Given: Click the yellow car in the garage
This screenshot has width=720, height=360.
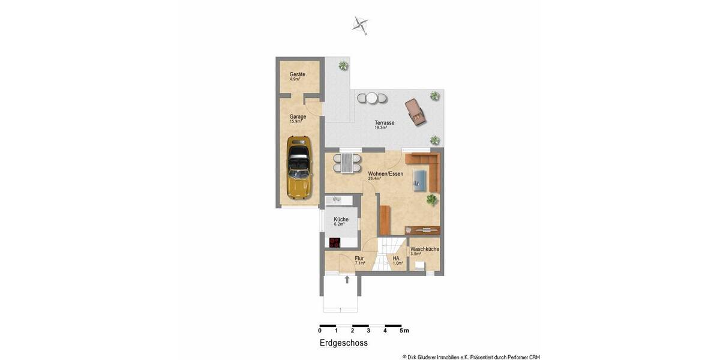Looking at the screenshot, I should click(298, 167).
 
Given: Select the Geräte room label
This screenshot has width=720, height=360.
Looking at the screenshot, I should click(298, 74).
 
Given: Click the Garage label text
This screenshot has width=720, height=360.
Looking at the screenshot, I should click(298, 117).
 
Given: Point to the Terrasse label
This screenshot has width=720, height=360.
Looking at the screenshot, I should click(385, 122).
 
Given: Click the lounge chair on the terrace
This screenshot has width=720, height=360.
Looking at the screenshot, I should click(416, 112).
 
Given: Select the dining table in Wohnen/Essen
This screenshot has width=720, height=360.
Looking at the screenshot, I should click(347, 162).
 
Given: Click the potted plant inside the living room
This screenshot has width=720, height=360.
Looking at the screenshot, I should click(432, 200).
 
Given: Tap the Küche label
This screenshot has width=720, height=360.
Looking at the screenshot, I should click(341, 220).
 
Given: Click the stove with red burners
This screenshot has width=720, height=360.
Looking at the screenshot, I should click(334, 243).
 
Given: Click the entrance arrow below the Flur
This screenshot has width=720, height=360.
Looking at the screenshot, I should click(347, 278).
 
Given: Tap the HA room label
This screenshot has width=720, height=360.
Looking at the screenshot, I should click(396, 259).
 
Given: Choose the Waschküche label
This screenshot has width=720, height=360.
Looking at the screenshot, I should click(425, 249).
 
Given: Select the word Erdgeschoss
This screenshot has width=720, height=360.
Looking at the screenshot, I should click(343, 343).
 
